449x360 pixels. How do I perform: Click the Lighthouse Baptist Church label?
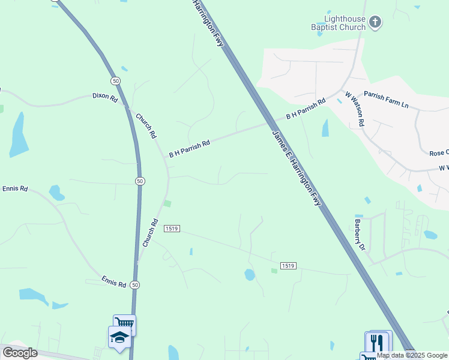(x=338, y=23)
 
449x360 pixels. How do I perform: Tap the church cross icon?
(x=375, y=23)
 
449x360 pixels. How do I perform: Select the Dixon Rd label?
(x=105, y=97)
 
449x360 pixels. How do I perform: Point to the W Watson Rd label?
(x=355, y=108)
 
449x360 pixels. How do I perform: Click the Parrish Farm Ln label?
(x=385, y=100)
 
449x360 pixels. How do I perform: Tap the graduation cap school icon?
(x=119, y=337)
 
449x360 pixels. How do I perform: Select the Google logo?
(x=20, y=353)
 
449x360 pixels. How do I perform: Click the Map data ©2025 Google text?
(x=412, y=355)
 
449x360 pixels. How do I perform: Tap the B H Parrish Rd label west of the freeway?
(x=189, y=149)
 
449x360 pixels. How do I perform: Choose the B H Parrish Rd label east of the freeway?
(x=306, y=108)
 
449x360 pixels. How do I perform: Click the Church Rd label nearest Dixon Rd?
(x=146, y=126)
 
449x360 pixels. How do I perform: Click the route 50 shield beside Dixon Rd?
(x=115, y=80)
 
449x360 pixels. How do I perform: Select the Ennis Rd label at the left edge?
(x=14, y=188)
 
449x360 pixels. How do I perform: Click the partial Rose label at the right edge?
(x=439, y=153)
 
